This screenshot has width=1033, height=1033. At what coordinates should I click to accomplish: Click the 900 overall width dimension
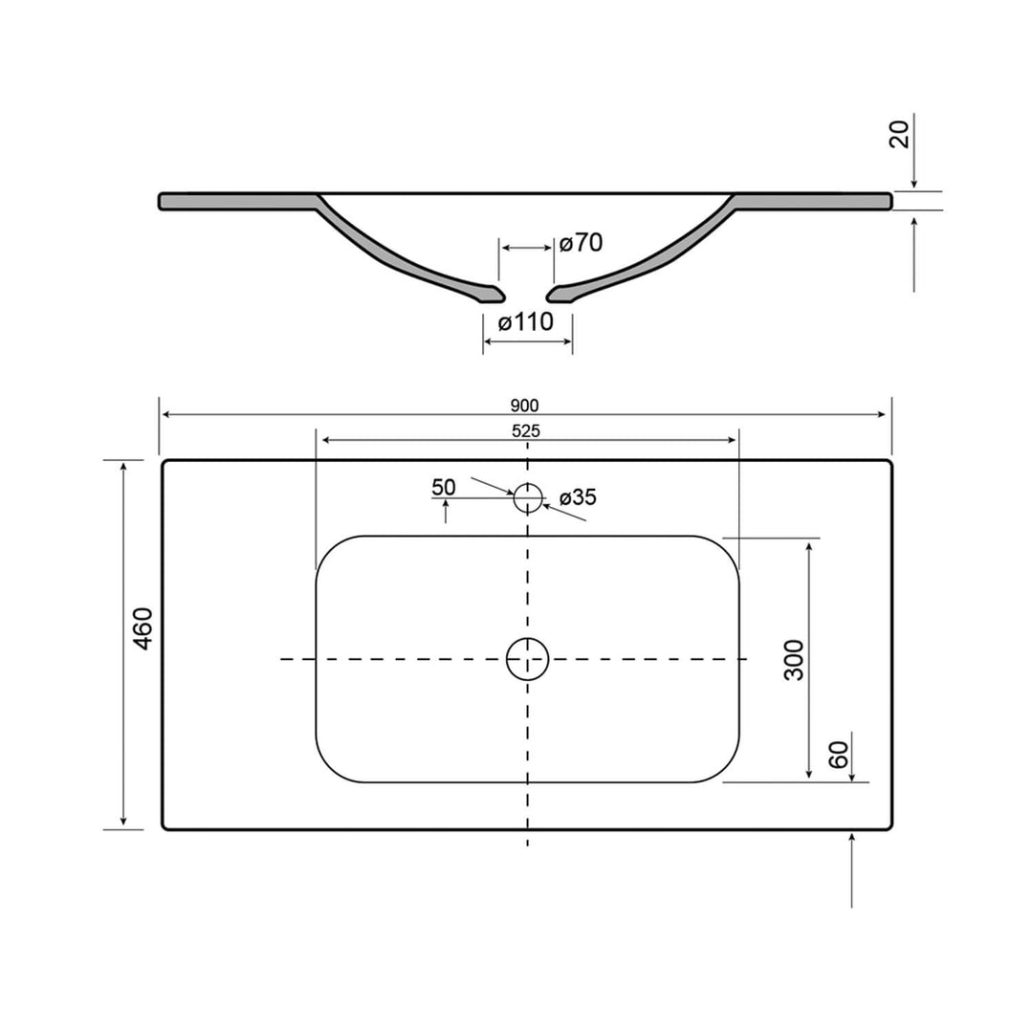[x=525, y=405]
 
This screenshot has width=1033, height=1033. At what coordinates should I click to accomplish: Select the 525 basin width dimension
[x=525, y=431]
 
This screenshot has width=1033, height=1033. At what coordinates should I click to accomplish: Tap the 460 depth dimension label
[x=143, y=628]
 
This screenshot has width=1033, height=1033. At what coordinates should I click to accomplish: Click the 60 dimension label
[x=839, y=755]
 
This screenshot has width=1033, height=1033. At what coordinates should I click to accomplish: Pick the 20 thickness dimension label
[x=899, y=134]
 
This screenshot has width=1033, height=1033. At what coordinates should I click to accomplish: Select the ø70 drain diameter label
[x=581, y=243]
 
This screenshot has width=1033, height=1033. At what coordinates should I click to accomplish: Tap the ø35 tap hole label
[x=578, y=497]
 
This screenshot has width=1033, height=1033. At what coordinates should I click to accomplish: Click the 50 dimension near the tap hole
[x=444, y=487]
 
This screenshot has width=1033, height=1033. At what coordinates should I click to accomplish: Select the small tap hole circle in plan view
[x=528, y=497]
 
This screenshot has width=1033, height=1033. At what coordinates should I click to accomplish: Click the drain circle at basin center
[x=528, y=659]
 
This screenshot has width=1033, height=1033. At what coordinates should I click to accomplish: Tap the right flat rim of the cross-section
[x=813, y=201]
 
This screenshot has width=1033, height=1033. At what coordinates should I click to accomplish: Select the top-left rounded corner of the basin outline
[x=330, y=551]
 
